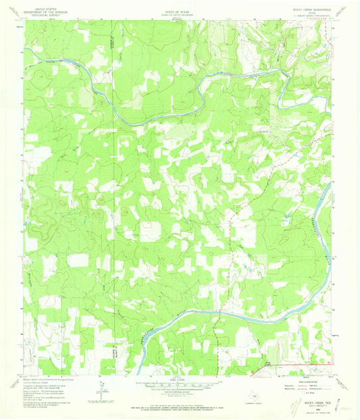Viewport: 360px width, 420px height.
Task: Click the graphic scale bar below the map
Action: tap(180, 387)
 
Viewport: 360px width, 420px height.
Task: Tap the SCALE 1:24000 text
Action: tap(180, 382)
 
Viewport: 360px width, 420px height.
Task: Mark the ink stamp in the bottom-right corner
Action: tap(294, 406)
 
